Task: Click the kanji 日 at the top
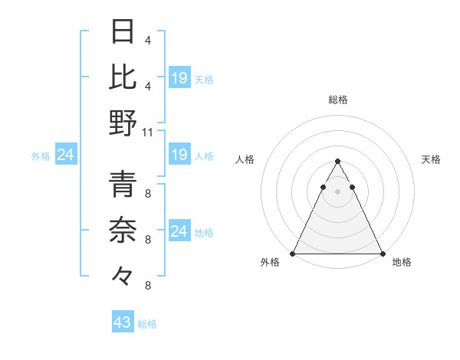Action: pyautogui.click(x=123, y=33)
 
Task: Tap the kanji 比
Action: pyautogui.click(x=123, y=77)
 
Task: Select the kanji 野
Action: pyautogui.click(x=123, y=123)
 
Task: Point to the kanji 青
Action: pyautogui.click(x=123, y=184)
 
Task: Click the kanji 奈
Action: pyautogui.click(x=123, y=229)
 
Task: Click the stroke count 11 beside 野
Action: pyautogui.click(x=148, y=132)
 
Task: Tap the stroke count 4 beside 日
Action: pyautogui.click(x=147, y=40)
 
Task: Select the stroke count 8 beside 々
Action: pyautogui.click(x=147, y=286)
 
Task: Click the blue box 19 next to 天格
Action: pyautogui.click(x=179, y=77)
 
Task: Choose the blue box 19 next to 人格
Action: pyautogui.click(x=179, y=155)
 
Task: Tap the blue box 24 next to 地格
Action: pyautogui.click(x=179, y=231)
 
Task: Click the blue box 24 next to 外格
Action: pyautogui.click(x=65, y=155)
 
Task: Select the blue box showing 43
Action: pyautogui.click(x=122, y=322)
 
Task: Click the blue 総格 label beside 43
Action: pyautogui.click(x=147, y=324)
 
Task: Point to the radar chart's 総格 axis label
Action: pyautogui.click(x=337, y=100)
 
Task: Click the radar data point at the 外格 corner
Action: pyautogui.click(x=293, y=254)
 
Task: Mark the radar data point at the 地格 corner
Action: pyautogui.click(x=382, y=254)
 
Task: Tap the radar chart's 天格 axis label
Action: pyautogui.click(x=432, y=159)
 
